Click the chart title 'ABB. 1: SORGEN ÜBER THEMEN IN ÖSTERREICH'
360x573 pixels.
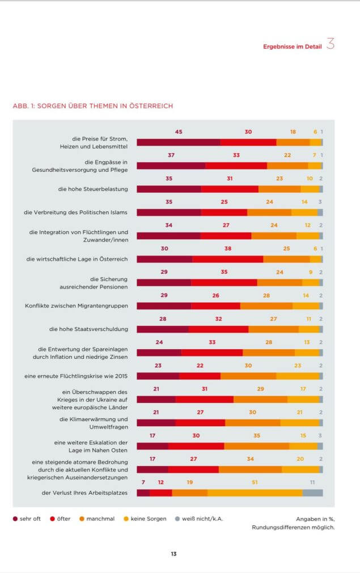click(x=92, y=106)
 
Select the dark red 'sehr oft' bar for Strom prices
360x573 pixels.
click(x=178, y=142)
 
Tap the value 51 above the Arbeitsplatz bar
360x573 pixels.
click(x=255, y=482)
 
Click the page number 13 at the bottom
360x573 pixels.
click(x=173, y=554)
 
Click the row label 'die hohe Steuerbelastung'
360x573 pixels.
click(x=93, y=189)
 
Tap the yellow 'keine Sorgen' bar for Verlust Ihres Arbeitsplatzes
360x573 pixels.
click(x=255, y=493)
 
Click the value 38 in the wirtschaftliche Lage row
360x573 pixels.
click(x=228, y=248)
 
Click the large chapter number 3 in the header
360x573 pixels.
click(x=331, y=45)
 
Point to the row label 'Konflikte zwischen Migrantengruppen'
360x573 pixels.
click(x=77, y=305)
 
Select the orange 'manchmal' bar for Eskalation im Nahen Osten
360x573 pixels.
click(x=256, y=446)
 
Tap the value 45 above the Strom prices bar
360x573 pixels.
click(x=179, y=131)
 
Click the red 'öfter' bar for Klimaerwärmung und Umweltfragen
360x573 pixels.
click(x=200, y=423)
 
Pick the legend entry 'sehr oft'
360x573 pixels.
click(x=27, y=519)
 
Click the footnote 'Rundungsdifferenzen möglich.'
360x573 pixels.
click(x=293, y=528)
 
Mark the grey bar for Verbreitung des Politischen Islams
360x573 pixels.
click(x=320, y=213)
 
